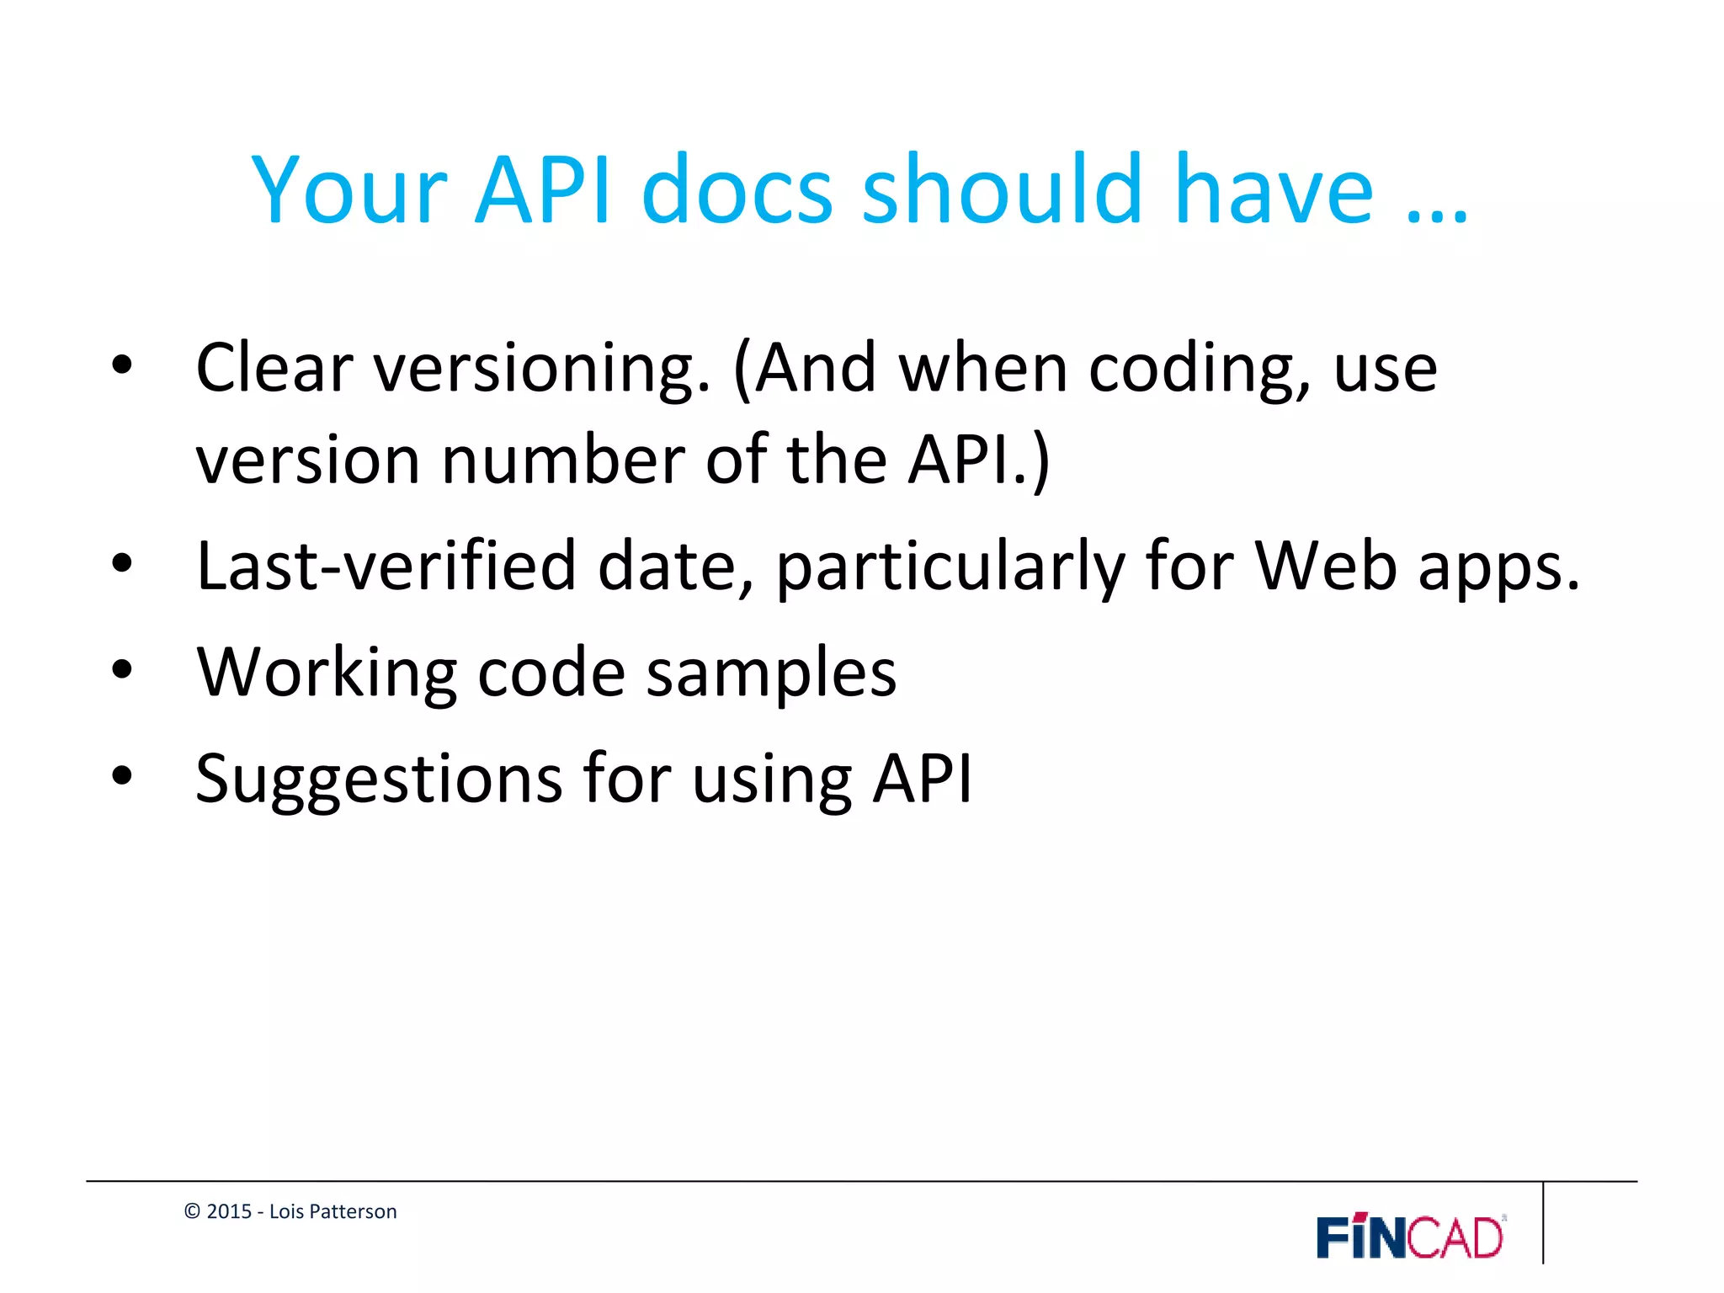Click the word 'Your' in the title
(349, 192)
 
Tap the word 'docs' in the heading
(737, 192)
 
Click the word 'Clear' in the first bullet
(274, 369)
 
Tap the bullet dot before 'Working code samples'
(122, 670)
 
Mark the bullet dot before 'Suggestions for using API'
(122, 776)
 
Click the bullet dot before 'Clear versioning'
(122, 365)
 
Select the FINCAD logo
(1410, 1237)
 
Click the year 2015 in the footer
(229, 1211)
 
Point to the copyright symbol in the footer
(192, 1211)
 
